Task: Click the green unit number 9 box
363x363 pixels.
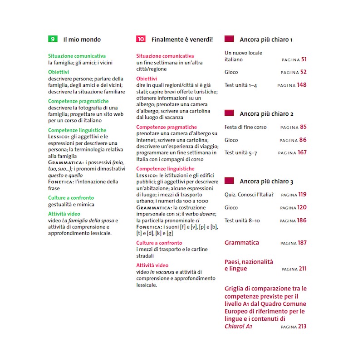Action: tap(53, 39)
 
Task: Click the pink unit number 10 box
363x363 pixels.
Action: tap(141, 39)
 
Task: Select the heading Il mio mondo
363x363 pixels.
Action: tap(82, 39)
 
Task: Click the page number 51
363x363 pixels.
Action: tap(304, 59)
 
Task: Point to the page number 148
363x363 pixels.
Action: tap(302, 85)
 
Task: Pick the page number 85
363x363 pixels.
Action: tap(303, 127)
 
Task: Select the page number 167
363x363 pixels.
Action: tap(302, 153)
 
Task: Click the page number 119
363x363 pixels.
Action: tap(302, 195)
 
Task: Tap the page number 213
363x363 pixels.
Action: tap(302, 326)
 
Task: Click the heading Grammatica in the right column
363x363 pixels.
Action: tap(242, 243)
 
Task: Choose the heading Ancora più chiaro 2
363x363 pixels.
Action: tap(266, 114)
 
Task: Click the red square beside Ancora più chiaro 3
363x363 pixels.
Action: tap(229, 181)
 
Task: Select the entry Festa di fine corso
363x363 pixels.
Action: tap(245, 127)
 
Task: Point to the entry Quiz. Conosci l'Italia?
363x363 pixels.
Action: tap(249, 195)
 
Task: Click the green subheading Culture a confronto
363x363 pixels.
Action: tap(71, 198)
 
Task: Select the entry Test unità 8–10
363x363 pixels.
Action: tap(242, 221)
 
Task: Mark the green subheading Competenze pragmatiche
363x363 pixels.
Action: tap(78, 101)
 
